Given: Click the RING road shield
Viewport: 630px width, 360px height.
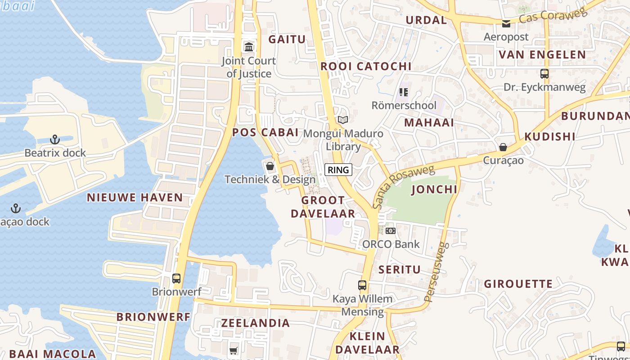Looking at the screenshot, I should coord(338,170).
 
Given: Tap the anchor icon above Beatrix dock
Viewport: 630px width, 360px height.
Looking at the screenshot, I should coord(55,139).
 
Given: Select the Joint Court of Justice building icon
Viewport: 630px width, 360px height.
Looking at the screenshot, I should coord(248,47).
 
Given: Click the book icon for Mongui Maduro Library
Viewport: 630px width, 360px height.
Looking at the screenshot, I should coord(343,120).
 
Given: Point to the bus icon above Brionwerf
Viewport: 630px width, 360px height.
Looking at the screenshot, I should coord(176,278).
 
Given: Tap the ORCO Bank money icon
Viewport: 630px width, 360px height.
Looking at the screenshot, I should coord(391,231).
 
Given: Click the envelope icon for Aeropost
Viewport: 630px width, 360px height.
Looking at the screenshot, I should coord(506,23).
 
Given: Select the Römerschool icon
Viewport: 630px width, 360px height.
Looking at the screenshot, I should coord(403,92).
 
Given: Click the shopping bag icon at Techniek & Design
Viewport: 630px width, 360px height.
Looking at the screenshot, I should coord(270,166).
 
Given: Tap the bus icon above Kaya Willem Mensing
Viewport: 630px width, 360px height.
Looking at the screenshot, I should coord(362,285).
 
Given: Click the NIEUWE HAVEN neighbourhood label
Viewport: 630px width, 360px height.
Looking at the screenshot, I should coord(135,198).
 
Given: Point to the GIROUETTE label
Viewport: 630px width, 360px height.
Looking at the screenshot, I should coord(518,284).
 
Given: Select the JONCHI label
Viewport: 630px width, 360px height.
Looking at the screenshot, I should coord(434,189).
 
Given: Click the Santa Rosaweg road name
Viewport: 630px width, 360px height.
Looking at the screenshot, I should coord(403,186).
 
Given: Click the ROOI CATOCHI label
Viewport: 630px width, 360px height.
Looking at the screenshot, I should coord(366,67).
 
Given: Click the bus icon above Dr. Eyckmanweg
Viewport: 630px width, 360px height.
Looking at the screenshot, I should coord(544,73).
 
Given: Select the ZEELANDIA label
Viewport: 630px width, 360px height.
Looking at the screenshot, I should coord(255,323).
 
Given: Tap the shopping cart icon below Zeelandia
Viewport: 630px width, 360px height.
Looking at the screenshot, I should coord(233,350).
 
